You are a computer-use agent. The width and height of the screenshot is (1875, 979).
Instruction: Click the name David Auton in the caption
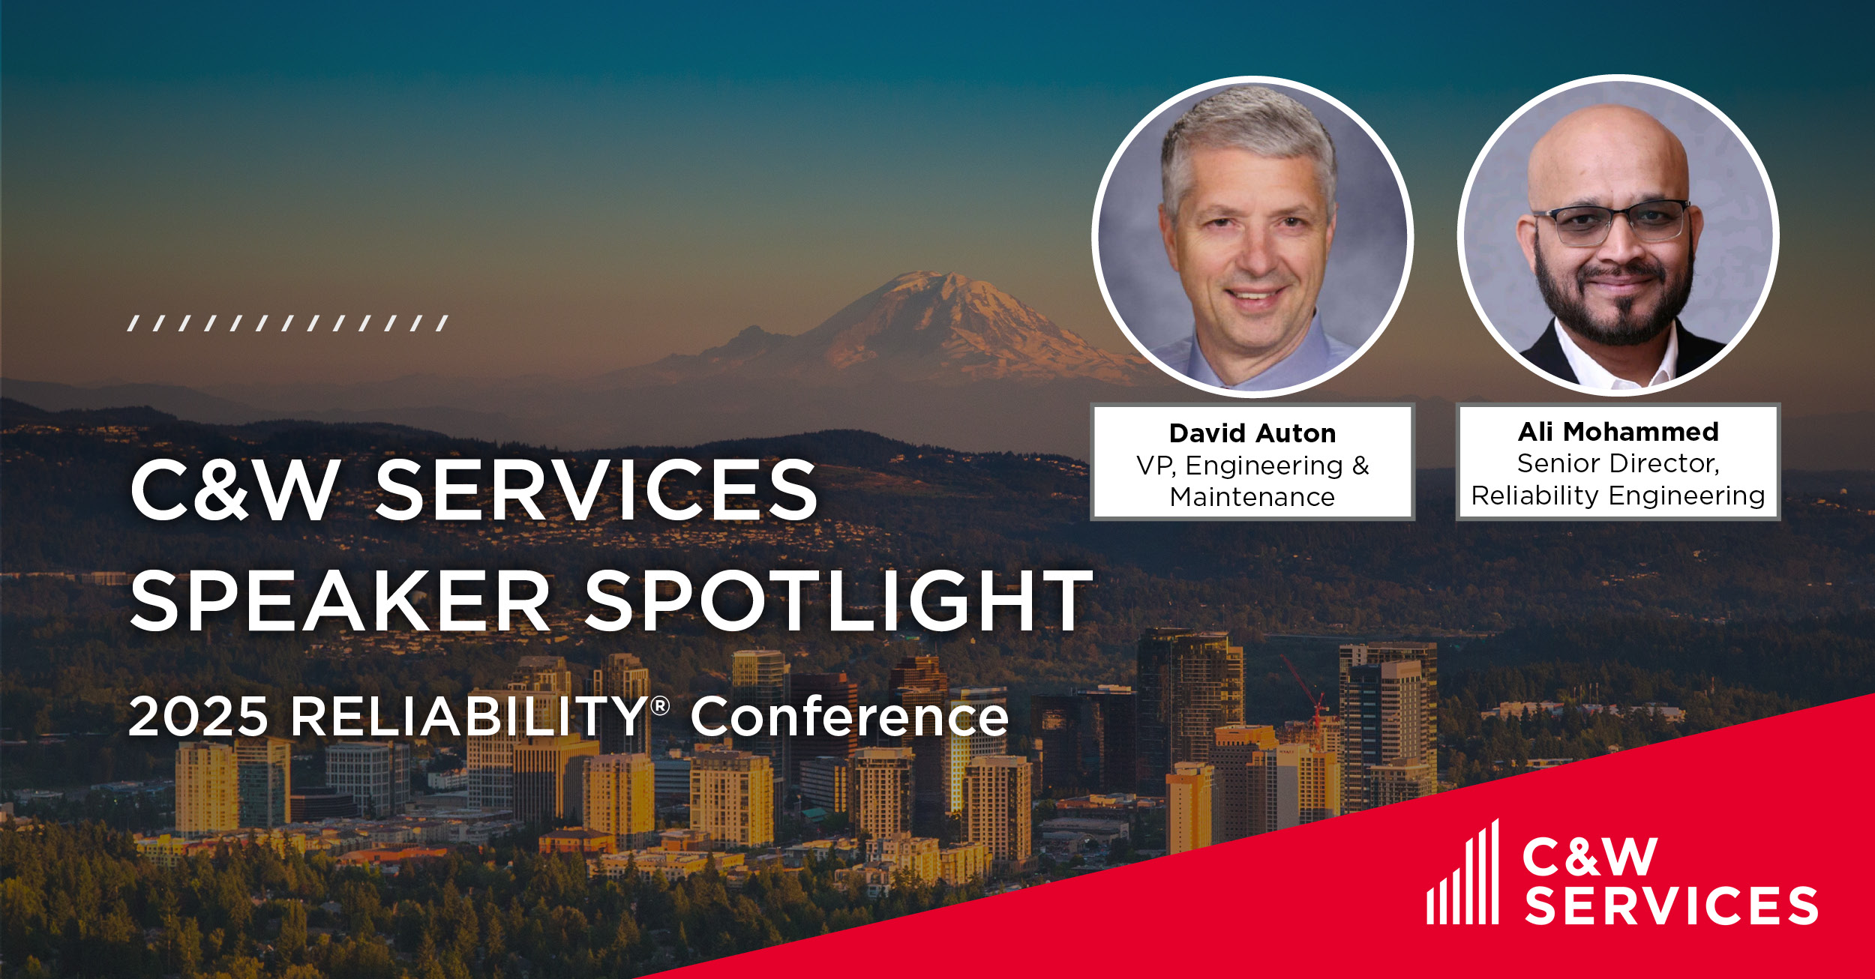coord(1252,433)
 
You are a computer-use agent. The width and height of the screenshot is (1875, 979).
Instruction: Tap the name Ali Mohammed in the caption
coord(1618,432)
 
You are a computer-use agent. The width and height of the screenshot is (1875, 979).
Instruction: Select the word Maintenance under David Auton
coord(1252,497)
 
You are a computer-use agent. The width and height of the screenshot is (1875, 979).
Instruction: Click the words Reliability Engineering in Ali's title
coord(1618,496)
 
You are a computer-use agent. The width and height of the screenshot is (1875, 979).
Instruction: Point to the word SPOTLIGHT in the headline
coord(838,600)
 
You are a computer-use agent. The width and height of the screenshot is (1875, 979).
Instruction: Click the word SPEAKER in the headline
coord(340,600)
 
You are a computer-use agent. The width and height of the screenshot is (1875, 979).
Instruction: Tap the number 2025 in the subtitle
coord(198,717)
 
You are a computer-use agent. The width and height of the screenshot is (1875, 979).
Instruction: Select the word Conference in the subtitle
coord(850,717)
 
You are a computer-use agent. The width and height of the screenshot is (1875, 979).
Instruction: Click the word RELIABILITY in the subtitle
coord(469,717)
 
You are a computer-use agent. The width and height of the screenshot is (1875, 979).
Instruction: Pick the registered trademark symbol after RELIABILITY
coord(660,705)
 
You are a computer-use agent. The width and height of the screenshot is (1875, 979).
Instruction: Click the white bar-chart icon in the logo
coord(1462,873)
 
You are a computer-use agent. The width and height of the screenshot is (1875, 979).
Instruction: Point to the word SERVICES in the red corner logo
coord(1672,905)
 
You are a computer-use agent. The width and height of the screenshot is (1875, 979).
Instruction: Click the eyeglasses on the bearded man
coord(1612,223)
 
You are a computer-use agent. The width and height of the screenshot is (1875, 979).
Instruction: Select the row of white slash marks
coord(288,323)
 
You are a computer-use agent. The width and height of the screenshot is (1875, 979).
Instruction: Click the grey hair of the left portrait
coord(1249,135)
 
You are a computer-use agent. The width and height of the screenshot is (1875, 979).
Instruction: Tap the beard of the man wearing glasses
coord(1612,307)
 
